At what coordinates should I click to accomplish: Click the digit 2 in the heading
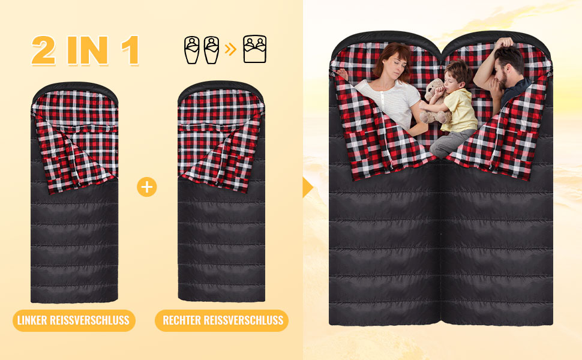coord(43,50)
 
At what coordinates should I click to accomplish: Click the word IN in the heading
coord(88,50)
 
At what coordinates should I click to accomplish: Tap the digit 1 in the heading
coord(131,50)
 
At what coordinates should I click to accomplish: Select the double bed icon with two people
coord(254,49)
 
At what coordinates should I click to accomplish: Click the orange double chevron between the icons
coord(230,49)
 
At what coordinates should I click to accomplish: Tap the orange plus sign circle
coord(147,187)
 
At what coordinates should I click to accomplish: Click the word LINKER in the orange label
coord(32,320)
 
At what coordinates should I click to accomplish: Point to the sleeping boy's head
coord(457,77)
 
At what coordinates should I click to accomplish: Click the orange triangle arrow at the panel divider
coord(308,187)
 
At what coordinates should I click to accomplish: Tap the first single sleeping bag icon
coord(191,50)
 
